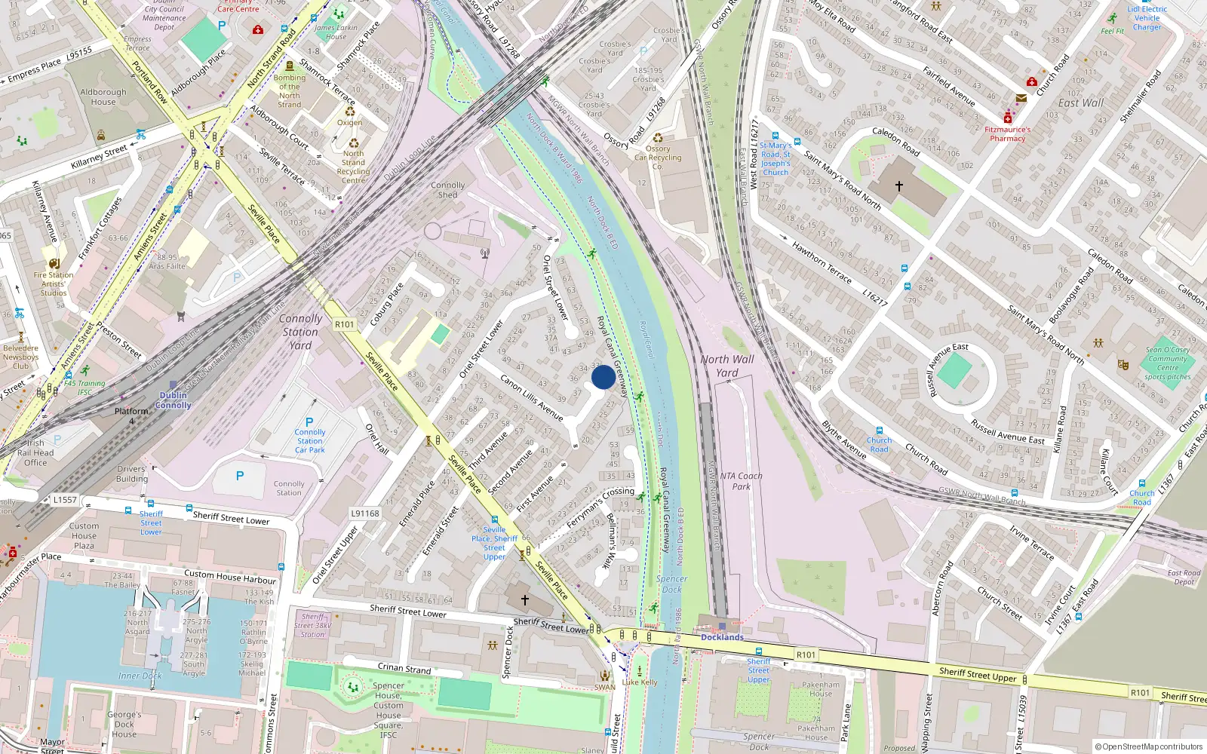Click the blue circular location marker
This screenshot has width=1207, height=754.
coord(603,377)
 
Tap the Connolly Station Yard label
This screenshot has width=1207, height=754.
coord(300,332)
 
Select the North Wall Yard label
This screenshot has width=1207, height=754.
coord(726,366)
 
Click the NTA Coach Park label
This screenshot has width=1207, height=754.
coord(741,481)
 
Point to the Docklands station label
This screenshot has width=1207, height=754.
coord(722,637)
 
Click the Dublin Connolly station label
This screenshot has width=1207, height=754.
coord(174,400)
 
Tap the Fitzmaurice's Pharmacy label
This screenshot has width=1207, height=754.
coord(1007,133)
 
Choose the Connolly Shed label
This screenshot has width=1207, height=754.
coord(447,189)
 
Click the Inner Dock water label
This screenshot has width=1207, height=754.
coord(140,676)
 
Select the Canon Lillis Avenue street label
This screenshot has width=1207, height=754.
coord(531,397)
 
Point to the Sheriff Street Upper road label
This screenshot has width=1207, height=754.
coord(978,675)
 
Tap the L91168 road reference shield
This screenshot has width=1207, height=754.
coord(365,513)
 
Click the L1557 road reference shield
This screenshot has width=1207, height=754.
coord(65,499)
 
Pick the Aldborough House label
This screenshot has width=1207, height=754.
coord(103,97)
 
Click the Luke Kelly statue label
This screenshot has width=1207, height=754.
coord(640,682)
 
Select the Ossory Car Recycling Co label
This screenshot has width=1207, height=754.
coord(657,158)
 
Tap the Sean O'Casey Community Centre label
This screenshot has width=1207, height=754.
coord(1167,363)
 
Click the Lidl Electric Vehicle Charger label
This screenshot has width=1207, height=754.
coord(1147,18)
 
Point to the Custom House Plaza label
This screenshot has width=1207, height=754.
coord(84,535)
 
